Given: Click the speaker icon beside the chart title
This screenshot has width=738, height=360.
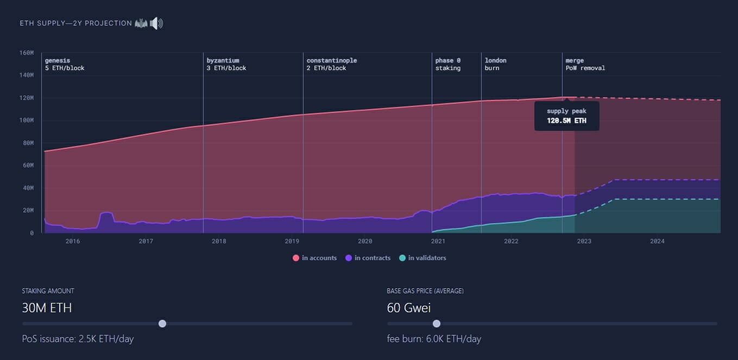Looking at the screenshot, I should click(x=156, y=23).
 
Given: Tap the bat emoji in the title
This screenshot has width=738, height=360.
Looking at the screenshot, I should click(x=141, y=23).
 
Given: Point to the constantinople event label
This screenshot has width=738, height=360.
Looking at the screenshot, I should click(x=331, y=64).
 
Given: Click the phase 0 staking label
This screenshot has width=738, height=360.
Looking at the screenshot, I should click(x=447, y=64).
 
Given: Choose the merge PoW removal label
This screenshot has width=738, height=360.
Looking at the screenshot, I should click(x=585, y=64).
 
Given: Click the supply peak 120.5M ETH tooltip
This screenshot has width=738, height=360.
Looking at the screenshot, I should click(x=566, y=116).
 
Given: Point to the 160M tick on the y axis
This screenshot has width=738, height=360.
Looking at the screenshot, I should click(x=26, y=53).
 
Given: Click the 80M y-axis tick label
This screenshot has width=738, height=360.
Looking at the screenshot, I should click(x=28, y=143).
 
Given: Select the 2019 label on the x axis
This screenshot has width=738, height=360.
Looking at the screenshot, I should click(x=292, y=241).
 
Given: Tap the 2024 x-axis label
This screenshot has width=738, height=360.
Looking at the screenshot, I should click(x=657, y=241).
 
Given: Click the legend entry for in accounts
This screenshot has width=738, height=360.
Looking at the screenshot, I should click(x=315, y=258).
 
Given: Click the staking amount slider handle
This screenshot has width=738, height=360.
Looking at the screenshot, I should click(x=162, y=324).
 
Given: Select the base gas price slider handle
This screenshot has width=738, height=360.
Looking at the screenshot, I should click(x=436, y=324).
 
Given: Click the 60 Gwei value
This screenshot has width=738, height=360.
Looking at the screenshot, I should click(x=409, y=308).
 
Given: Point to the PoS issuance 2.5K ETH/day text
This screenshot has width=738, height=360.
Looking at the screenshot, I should click(x=78, y=339).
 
